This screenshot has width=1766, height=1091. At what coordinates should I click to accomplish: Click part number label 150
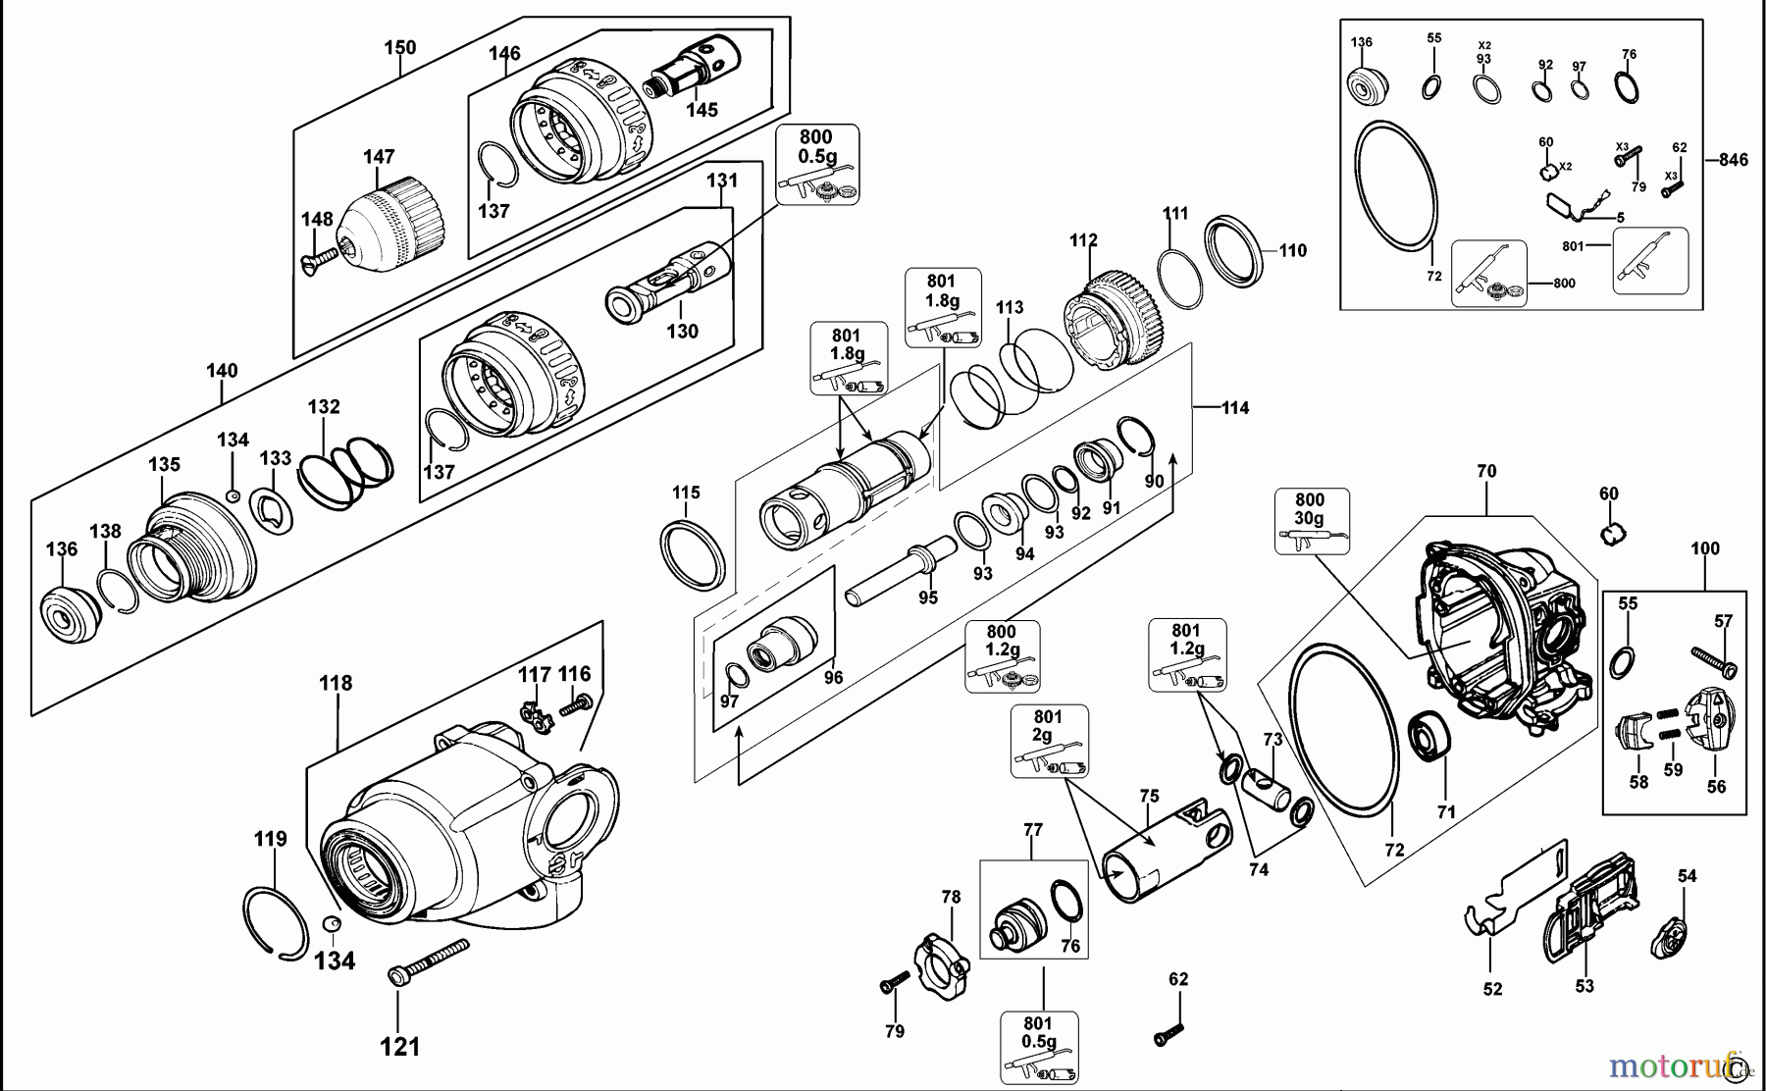point(399,47)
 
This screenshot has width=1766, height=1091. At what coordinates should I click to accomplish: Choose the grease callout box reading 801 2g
point(1049,741)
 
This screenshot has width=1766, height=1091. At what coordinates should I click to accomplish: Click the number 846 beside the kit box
point(1733,160)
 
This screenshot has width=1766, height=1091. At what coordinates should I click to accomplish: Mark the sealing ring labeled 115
point(694,555)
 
